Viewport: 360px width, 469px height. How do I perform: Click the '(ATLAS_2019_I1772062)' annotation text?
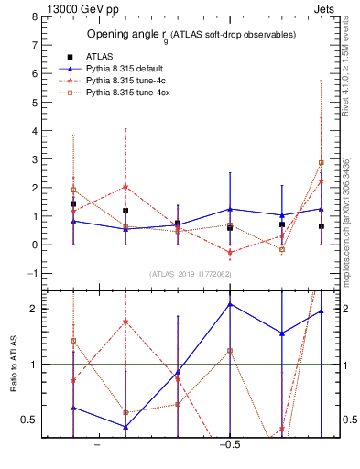191,273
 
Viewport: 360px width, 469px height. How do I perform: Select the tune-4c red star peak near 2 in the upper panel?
125,187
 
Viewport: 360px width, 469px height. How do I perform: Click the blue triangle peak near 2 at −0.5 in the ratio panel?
230,304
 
